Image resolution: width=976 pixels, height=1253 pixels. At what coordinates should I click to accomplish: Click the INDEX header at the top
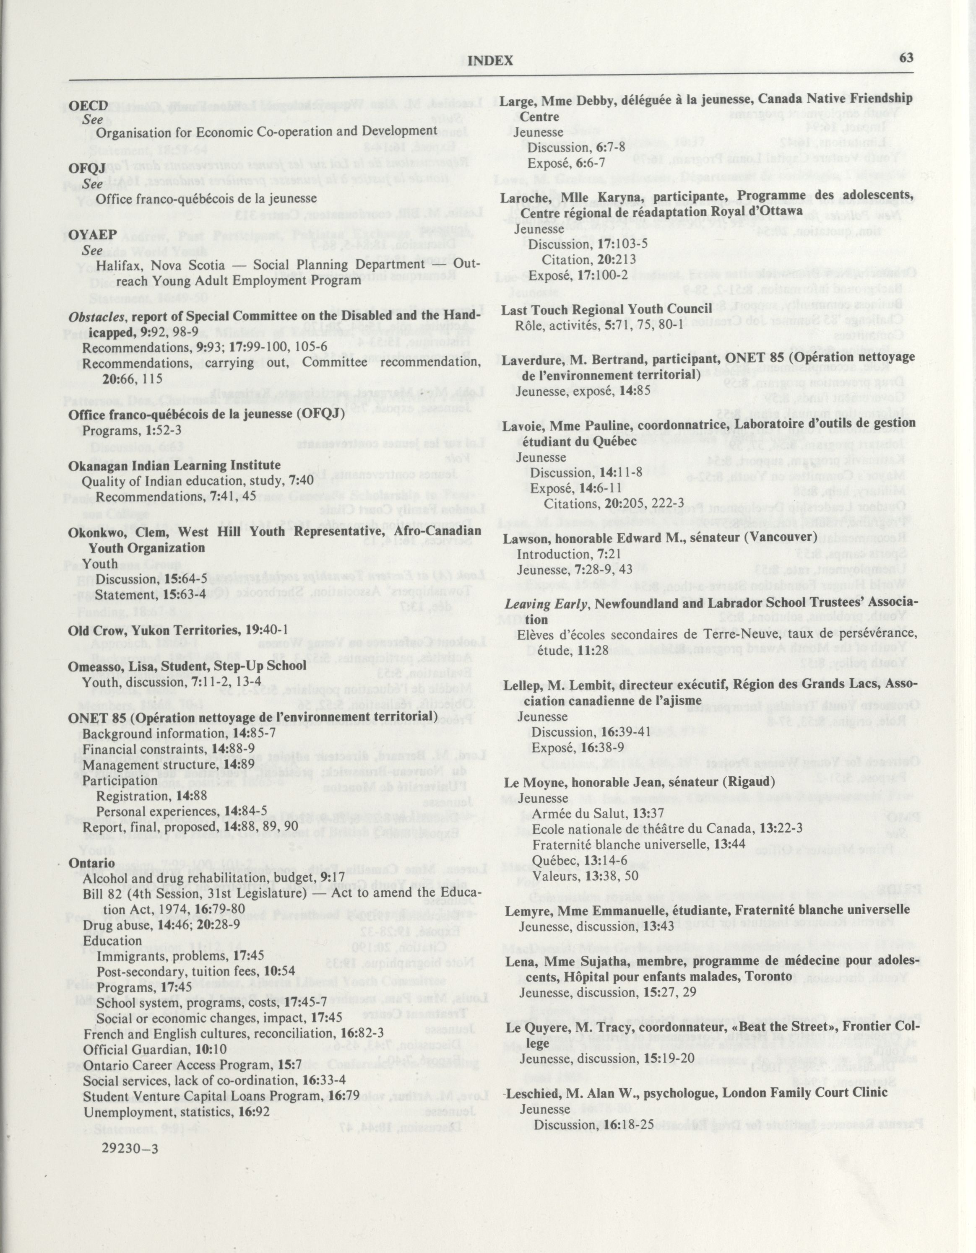(490, 61)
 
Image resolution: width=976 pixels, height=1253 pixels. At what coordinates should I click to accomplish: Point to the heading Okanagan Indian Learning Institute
(174, 465)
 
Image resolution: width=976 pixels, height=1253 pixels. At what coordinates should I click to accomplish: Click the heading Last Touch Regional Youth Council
(607, 309)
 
